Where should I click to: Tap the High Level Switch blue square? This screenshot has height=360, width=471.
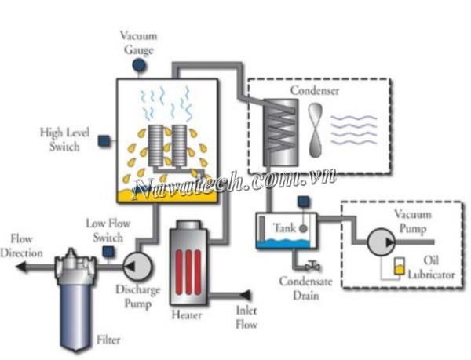(103, 141)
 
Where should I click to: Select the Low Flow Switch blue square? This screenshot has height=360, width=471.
(108, 252)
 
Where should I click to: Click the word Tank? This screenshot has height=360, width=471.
(283, 227)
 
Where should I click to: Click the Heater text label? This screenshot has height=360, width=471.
(186, 316)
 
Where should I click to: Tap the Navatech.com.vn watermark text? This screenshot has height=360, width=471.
(235, 186)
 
